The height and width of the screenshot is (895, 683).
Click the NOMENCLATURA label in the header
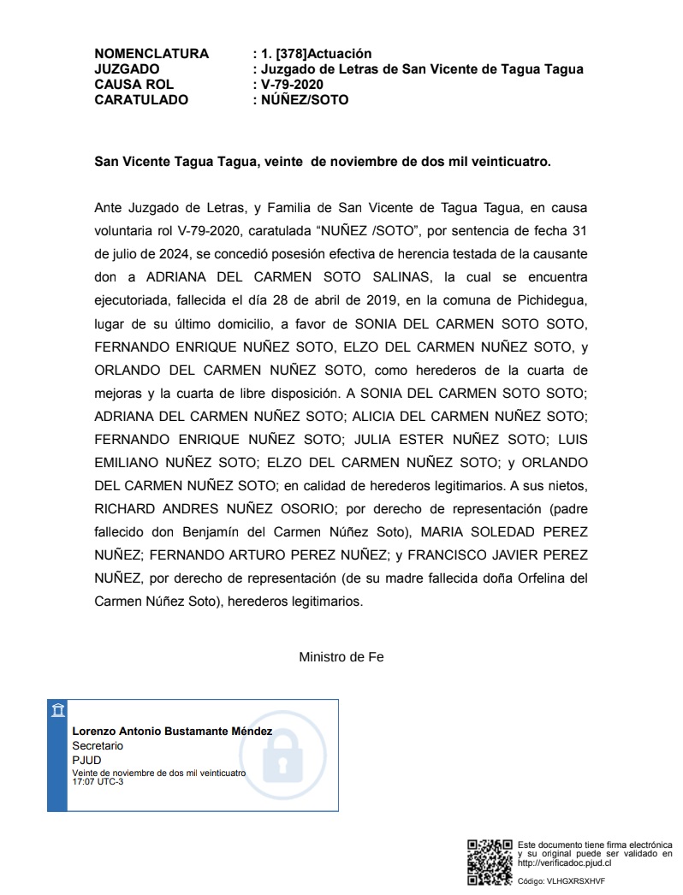(x=151, y=54)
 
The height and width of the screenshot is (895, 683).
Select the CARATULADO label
(x=141, y=100)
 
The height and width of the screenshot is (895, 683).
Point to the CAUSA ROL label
(x=134, y=85)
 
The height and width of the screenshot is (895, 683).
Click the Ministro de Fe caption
(x=341, y=657)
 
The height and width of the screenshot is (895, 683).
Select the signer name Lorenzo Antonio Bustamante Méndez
(x=172, y=732)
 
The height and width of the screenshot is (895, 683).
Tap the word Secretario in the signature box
(x=98, y=745)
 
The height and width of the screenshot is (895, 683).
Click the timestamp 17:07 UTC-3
(x=98, y=781)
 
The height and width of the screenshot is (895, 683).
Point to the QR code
(x=490, y=862)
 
